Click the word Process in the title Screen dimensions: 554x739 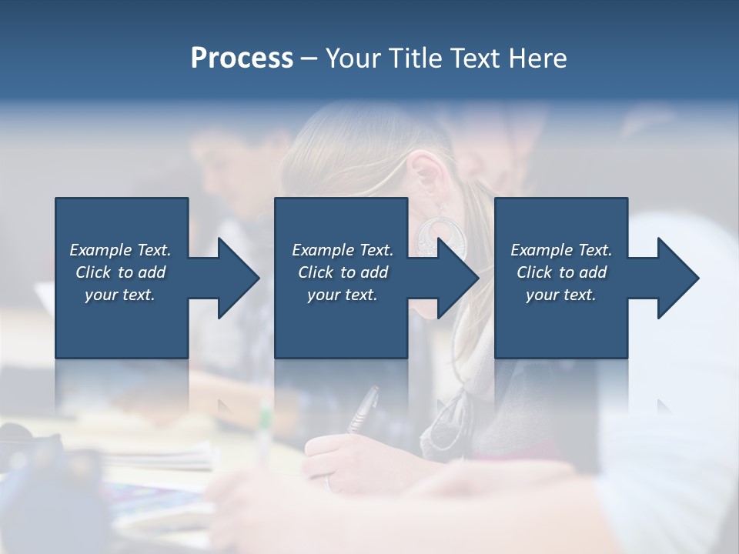coord(242,58)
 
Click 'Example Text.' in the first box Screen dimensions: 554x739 coord(120,250)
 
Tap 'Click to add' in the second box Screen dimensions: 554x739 coord(343,272)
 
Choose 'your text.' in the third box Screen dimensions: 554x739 coord(561,295)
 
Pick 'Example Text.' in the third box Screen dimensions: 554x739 coord(561,250)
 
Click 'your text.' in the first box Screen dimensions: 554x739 coord(120,295)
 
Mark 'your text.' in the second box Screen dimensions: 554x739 coord(343,295)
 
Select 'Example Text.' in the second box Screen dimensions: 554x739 coord(343,250)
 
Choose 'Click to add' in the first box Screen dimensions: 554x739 coord(120,272)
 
